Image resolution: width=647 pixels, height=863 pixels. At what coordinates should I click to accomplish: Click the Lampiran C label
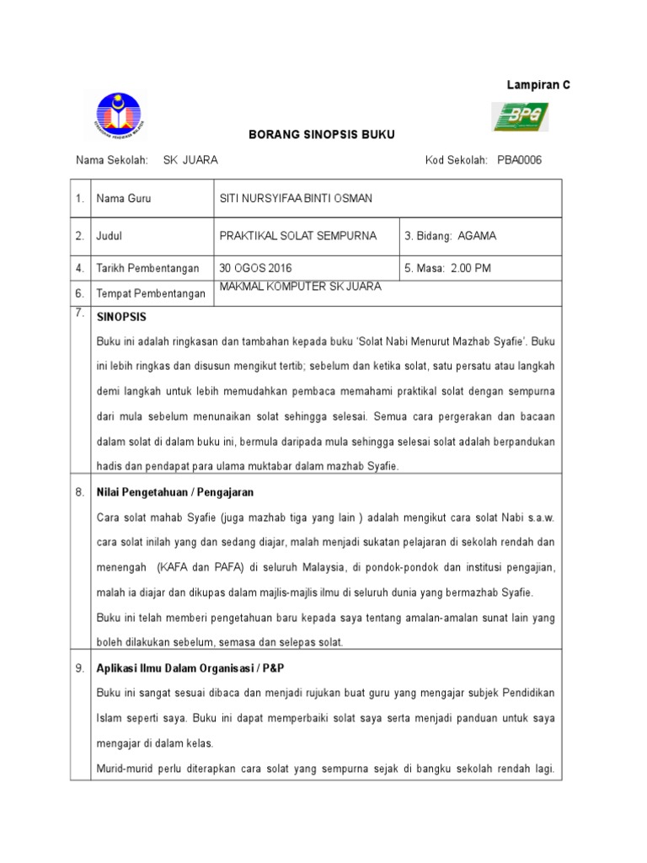click(x=537, y=85)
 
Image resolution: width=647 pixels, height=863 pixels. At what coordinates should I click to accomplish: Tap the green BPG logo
click(x=520, y=117)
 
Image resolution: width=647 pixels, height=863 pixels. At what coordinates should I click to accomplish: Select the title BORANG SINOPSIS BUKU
click(x=307, y=135)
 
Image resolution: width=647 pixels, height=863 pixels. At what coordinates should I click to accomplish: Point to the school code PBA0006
click(x=520, y=160)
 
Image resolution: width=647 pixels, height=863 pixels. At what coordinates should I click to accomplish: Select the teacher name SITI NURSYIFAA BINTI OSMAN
click(x=295, y=199)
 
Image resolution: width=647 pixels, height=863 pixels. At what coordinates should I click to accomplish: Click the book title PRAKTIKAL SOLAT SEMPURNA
click(x=297, y=236)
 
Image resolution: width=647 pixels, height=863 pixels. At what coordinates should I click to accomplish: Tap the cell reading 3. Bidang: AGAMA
click(x=451, y=236)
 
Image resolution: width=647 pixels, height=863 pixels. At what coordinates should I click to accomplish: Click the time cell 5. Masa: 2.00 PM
click(x=448, y=268)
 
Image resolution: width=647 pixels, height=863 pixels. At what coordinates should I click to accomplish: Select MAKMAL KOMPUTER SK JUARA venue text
click(x=300, y=287)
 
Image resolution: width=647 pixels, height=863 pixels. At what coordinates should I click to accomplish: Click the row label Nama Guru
click(x=124, y=199)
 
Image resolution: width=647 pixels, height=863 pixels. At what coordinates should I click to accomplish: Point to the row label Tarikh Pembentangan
click(x=147, y=268)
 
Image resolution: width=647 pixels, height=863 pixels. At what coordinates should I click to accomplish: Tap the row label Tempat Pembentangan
click(x=151, y=293)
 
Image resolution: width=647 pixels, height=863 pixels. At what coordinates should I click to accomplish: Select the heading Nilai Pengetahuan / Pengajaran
click(x=175, y=491)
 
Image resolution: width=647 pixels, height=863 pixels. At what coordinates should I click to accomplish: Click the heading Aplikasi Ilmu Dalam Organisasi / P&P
click(x=190, y=667)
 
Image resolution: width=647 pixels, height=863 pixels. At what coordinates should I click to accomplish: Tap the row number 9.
click(x=79, y=667)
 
